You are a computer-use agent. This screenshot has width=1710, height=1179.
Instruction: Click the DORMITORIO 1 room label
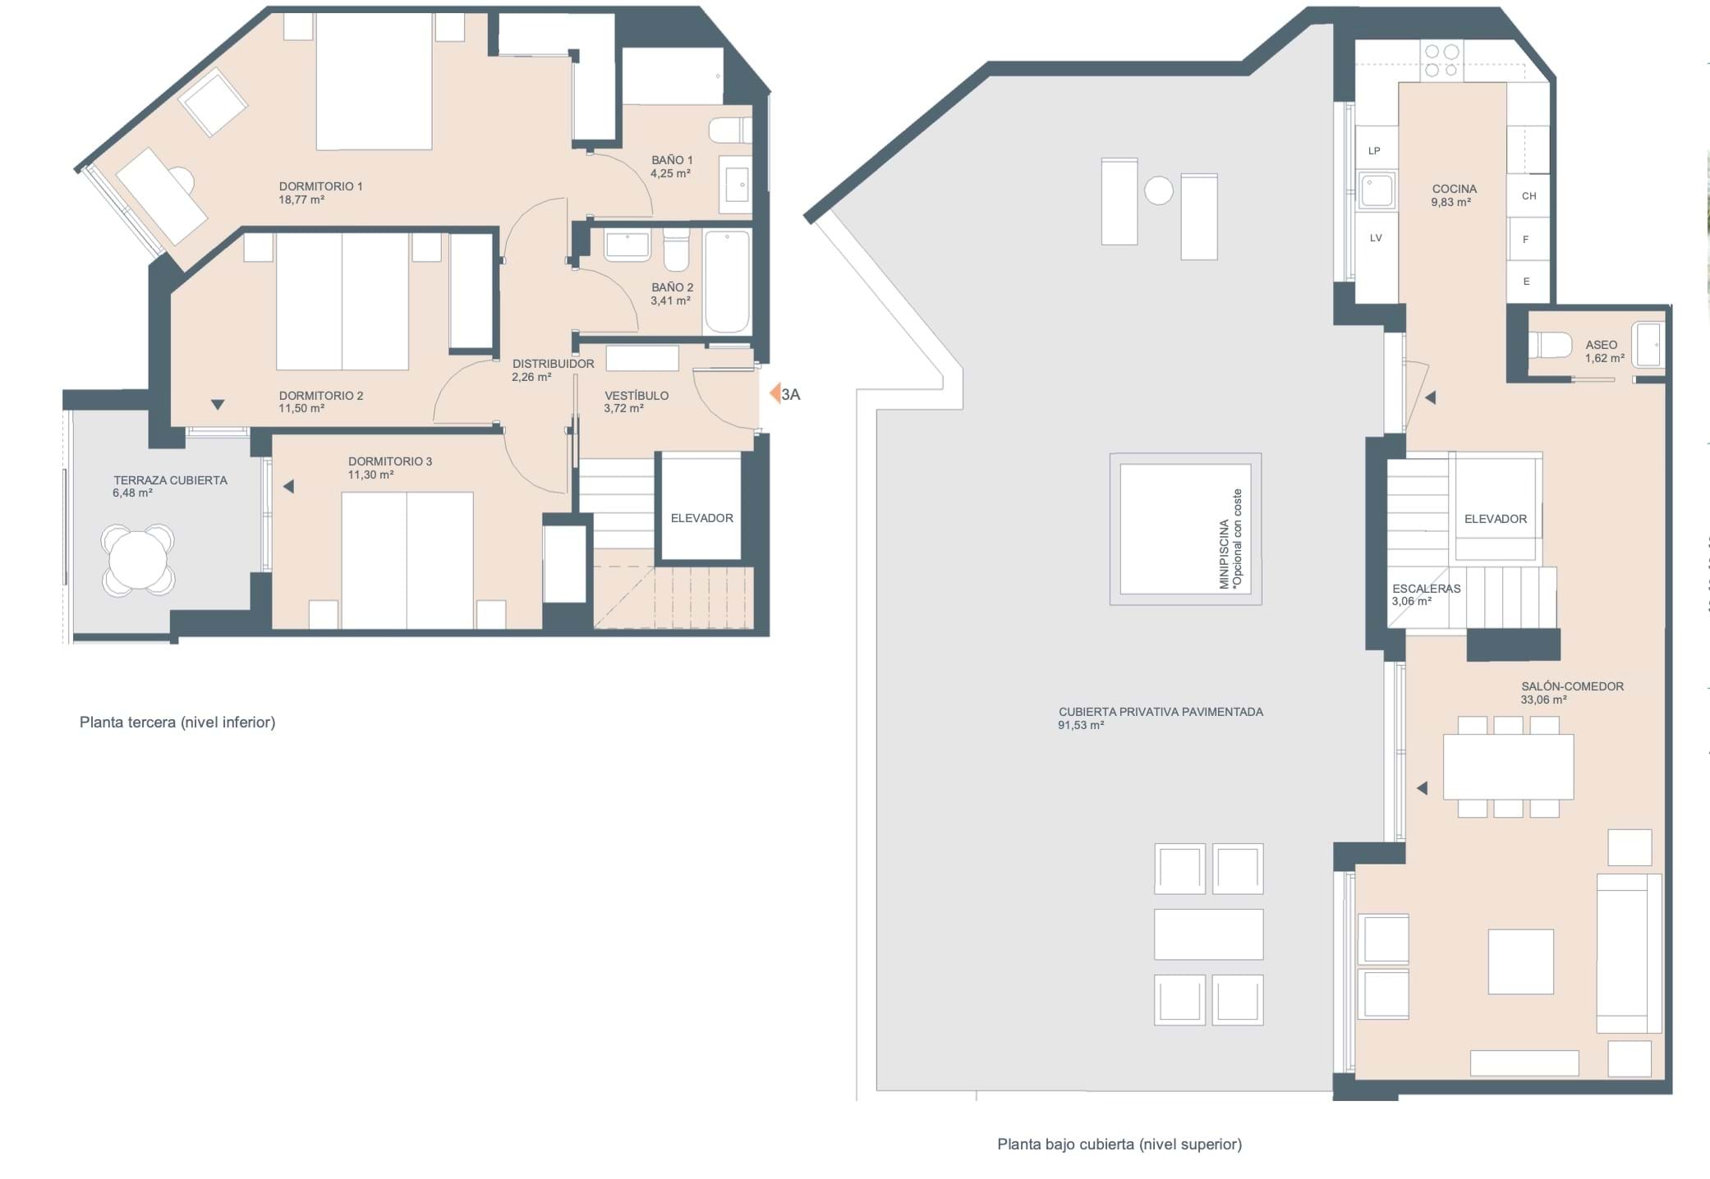(x=320, y=186)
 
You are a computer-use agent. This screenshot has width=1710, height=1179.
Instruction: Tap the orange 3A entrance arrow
(x=775, y=394)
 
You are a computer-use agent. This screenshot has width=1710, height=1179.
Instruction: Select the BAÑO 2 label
(x=672, y=287)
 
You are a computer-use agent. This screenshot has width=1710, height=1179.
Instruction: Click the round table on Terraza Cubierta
(x=138, y=560)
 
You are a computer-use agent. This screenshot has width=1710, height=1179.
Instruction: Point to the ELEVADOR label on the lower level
(x=701, y=518)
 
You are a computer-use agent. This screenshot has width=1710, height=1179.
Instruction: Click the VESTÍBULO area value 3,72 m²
(x=623, y=408)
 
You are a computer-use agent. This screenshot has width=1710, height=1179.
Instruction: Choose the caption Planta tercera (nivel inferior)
(x=177, y=723)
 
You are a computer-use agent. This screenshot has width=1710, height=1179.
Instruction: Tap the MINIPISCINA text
(x=1225, y=554)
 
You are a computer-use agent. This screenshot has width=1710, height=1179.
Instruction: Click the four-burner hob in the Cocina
(x=1441, y=61)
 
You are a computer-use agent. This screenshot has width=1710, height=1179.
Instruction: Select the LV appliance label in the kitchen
(x=1376, y=238)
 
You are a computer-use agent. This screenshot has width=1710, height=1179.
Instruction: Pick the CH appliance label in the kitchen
(x=1528, y=196)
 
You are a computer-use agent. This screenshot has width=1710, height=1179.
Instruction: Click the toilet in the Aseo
(x=1549, y=344)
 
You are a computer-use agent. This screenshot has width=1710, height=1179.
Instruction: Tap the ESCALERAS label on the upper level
(x=1427, y=589)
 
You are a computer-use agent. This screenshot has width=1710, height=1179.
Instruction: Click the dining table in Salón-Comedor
(x=1508, y=767)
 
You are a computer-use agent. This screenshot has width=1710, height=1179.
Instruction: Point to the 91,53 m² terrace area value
(x=1081, y=726)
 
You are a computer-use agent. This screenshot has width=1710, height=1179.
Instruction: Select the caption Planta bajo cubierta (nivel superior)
(x=1119, y=1144)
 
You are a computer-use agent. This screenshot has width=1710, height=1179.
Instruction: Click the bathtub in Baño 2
(x=727, y=282)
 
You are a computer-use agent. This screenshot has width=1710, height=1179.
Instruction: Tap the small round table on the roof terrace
(x=1159, y=190)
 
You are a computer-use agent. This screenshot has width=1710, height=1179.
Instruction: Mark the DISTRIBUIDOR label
(x=553, y=364)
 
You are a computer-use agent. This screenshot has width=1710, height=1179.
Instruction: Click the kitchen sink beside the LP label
(x=1377, y=191)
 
